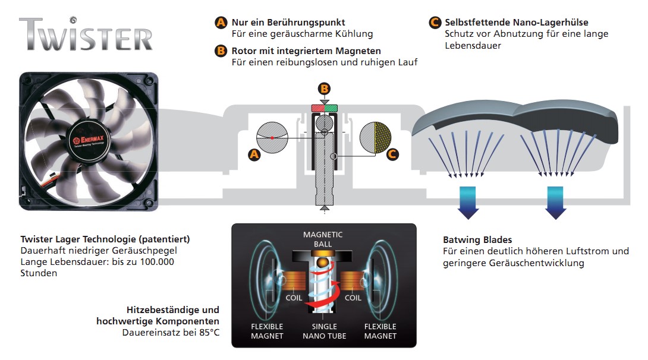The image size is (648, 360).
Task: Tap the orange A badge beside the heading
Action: click(x=221, y=23)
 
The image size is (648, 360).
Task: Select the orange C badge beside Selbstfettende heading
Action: click(x=435, y=23)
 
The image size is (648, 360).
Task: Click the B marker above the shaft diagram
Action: click(x=324, y=89)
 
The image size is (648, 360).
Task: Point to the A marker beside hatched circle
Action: click(x=254, y=154)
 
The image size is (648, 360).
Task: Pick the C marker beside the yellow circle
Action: click(x=392, y=154)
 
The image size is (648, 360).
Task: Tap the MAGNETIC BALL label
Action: click(x=323, y=239)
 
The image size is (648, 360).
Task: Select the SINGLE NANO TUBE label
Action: click(x=324, y=331)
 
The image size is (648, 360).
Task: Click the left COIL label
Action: click(x=294, y=298)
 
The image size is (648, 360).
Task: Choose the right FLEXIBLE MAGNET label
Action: click(x=380, y=331)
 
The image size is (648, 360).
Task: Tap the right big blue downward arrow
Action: click(x=555, y=202)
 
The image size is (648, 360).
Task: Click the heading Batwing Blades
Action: click(x=477, y=240)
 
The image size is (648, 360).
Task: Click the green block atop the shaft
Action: click(x=331, y=108)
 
